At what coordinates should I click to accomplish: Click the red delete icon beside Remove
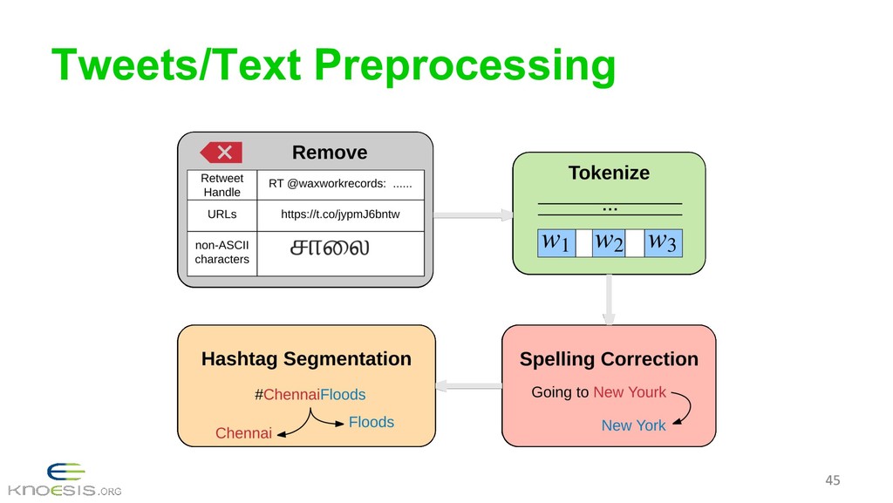pyautogui.click(x=222, y=153)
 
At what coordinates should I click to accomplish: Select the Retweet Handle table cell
pyautogui.click(x=222, y=185)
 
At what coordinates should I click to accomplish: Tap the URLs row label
pyautogui.click(x=222, y=214)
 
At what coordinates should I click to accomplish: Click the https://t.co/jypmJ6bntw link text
pyautogui.click(x=340, y=214)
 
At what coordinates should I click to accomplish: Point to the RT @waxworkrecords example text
pyautogui.click(x=340, y=185)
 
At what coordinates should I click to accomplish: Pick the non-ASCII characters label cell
pyautogui.click(x=222, y=252)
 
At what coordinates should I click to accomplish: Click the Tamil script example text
pyautogui.click(x=329, y=248)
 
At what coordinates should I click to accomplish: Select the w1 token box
pyautogui.click(x=556, y=241)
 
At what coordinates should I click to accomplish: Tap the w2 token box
pyautogui.click(x=609, y=241)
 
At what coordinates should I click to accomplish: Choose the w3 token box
pyautogui.click(x=663, y=241)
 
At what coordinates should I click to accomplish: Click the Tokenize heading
pyautogui.click(x=609, y=173)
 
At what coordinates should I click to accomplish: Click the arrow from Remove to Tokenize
pyautogui.click(x=471, y=214)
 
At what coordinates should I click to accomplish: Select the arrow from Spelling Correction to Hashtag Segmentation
pyautogui.click(x=467, y=384)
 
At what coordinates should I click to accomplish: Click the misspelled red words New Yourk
pyautogui.click(x=629, y=392)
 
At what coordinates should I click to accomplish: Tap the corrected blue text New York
pyautogui.click(x=633, y=425)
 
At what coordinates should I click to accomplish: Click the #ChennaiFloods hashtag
pyautogui.click(x=310, y=395)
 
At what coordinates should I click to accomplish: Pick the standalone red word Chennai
pyautogui.click(x=243, y=433)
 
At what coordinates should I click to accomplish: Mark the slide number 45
pyautogui.click(x=833, y=480)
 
